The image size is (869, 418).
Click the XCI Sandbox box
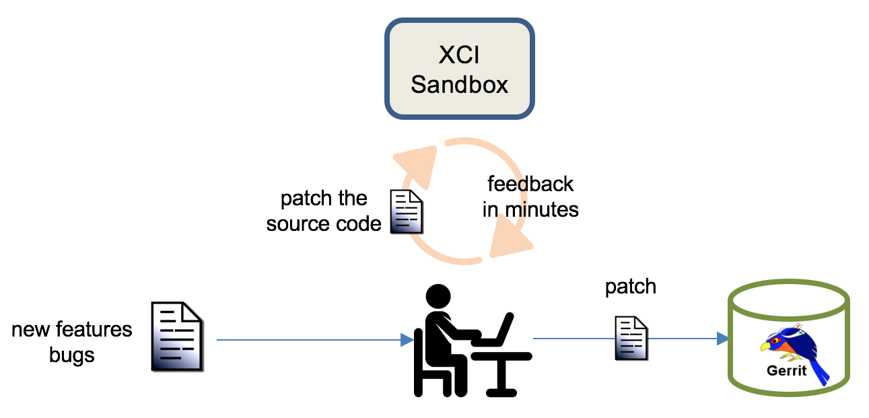click(459, 68)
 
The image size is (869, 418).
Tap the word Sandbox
click(459, 85)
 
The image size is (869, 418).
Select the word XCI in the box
click(459, 55)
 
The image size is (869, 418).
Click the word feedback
click(530, 184)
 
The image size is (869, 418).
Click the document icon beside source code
click(406, 212)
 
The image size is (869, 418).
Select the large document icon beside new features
click(177, 337)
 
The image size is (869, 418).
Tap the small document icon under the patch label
click(631, 338)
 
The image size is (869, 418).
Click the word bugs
click(72, 355)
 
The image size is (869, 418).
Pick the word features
click(94, 330)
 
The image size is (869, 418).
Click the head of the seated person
click(438, 297)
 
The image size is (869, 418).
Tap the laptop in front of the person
click(493, 330)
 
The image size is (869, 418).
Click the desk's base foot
click(501, 393)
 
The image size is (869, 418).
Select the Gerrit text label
click(786, 371)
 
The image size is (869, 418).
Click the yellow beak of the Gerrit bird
click(765, 346)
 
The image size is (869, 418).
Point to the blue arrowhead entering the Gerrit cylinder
click(722, 339)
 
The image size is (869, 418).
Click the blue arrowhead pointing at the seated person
click(407, 340)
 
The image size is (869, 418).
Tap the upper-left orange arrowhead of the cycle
click(418, 165)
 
